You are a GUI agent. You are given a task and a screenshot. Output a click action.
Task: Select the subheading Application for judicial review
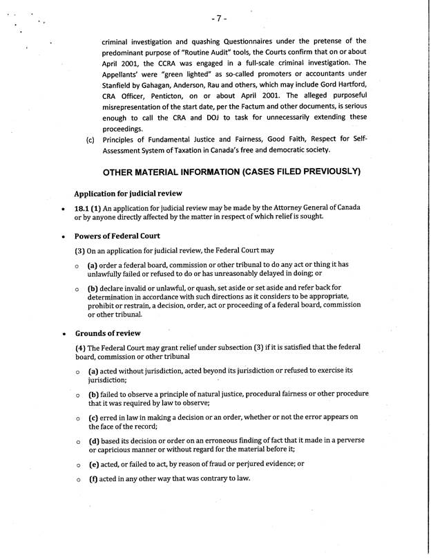131,193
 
